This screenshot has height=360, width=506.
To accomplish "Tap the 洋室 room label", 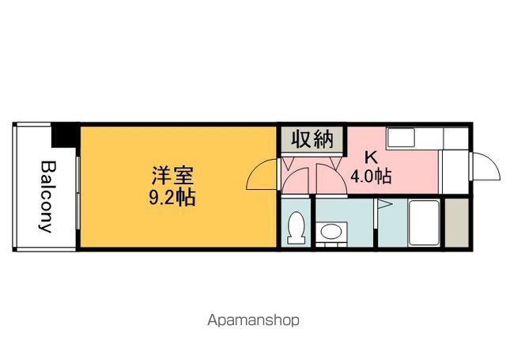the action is [x=173, y=176].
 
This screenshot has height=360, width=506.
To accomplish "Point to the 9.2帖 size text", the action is [x=172, y=198].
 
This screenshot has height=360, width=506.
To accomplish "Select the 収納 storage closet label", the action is [x=312, y=139].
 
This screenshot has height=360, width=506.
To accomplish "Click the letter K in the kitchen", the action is [x=371, y=158].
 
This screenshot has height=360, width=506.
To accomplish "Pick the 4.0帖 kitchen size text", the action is [x=371, y=176].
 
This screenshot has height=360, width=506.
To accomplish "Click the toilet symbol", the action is [x=296, y=228].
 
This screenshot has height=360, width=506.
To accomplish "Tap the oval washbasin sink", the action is [x=331, y=232].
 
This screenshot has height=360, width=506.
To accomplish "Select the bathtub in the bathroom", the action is [x=424, y=223].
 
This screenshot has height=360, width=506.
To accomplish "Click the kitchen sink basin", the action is [x=401, y=138].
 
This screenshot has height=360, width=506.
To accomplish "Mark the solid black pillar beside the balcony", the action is [x=66, y=135].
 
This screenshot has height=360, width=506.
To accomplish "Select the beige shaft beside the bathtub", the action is [x=456, y=223].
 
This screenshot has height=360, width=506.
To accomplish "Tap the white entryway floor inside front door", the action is [x=455, y=172].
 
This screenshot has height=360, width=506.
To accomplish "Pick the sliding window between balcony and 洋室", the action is [x=77, y=193].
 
